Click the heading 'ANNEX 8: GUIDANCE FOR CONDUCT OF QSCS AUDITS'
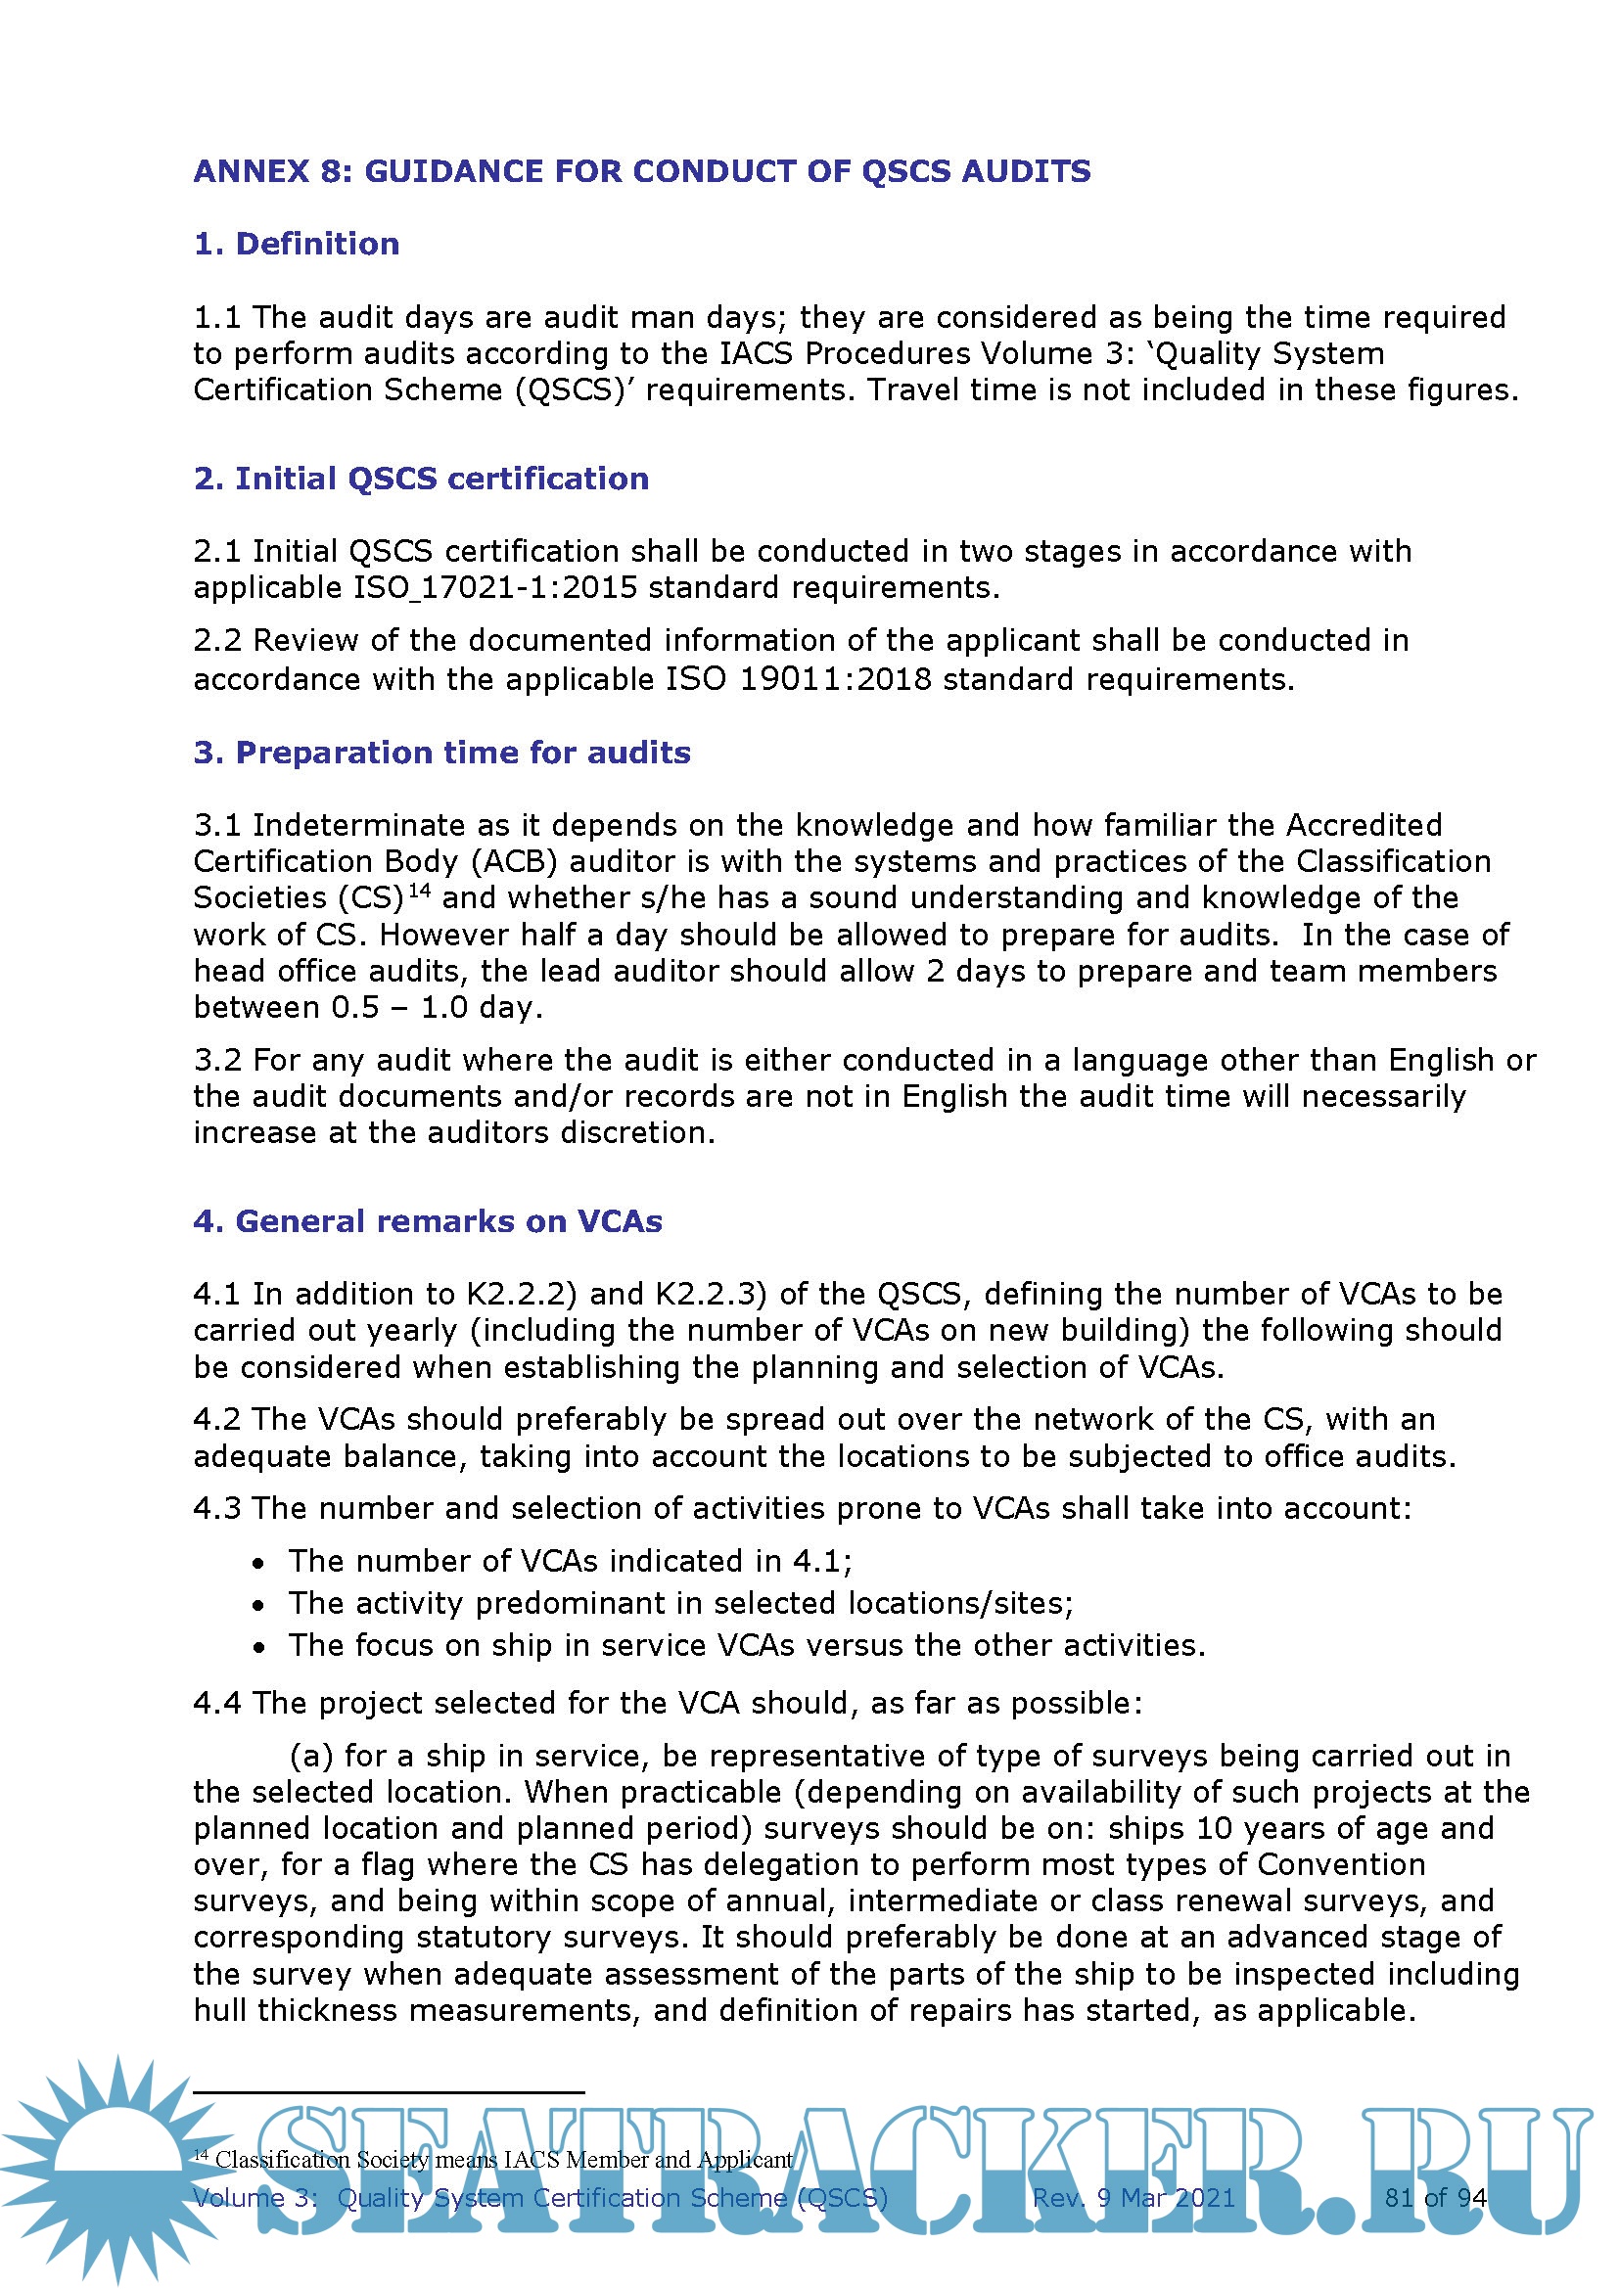tap(642, 171)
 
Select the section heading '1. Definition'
tap(296, 245)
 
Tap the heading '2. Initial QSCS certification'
tap(421, 479)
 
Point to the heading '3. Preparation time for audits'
tap(441, 753)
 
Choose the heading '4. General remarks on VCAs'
tap(428, 1221)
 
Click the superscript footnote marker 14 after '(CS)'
tap(420, 890)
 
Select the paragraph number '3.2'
tap(216, 1060)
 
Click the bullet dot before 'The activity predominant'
tap(258, 1605)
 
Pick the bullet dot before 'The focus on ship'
tap(258, 1647)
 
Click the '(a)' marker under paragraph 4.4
tap(311, 1756)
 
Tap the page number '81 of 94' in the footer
tap(1435, 2197)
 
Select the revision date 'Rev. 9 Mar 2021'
tap(1133, 2197)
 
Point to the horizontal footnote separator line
tap(388, 2091)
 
